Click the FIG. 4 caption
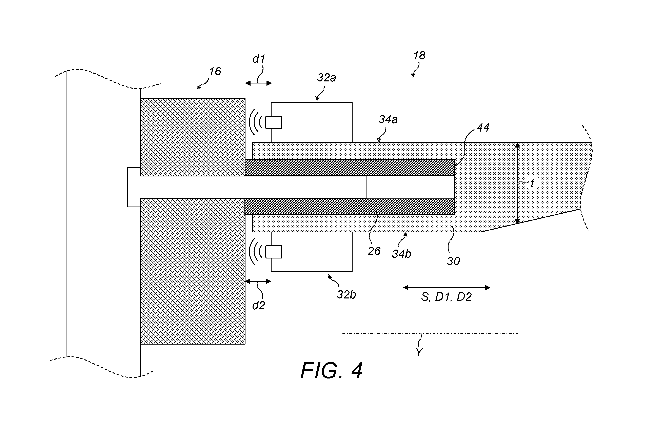point(331,371)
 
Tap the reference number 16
point(215,72)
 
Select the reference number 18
point(419,56)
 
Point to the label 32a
point(326,78)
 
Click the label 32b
point(346,295)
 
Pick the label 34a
point(388,119)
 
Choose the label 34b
point(401,254)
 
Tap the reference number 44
point(483,128)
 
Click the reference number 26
point(374,251)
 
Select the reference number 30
point(453,261)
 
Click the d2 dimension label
point(258,305)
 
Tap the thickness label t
point(532,183)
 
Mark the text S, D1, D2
point(446,297)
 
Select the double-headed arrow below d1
point(258,83)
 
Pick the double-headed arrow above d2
point(258,281)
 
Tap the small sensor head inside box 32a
point(273,122)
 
